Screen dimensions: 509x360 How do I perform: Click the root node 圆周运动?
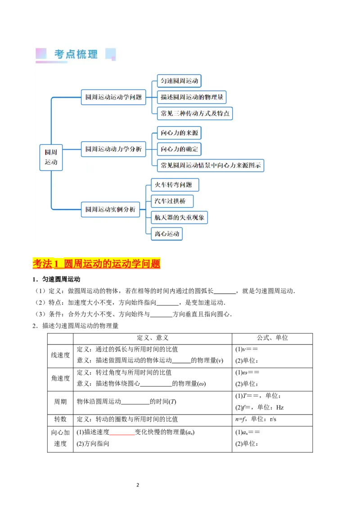(51, 157)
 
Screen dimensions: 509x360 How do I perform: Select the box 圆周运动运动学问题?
(113, 97)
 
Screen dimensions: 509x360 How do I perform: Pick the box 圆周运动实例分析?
(110, 210)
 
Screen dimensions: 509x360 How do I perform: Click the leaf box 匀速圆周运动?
(179, 81)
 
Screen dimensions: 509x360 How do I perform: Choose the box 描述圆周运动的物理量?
(192, 97)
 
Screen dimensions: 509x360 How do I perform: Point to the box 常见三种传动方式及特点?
(195, 113)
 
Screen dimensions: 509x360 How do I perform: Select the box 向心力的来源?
(179, 133)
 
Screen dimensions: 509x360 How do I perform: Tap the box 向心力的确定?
(179, 149)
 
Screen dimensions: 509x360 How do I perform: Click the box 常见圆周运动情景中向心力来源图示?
(211, 165)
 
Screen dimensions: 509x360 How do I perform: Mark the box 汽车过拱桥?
(172, 201)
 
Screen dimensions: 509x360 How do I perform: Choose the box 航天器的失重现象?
(179, 218)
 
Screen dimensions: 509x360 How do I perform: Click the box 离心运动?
(167, 234)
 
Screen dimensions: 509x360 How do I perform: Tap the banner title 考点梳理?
(76, 54)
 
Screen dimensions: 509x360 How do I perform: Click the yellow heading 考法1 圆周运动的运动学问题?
(97, 264)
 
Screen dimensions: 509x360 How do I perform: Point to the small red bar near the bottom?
(122, 435)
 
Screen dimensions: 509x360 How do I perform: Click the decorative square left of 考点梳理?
(41, 54)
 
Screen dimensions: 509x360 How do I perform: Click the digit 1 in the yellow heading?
(57, 264)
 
